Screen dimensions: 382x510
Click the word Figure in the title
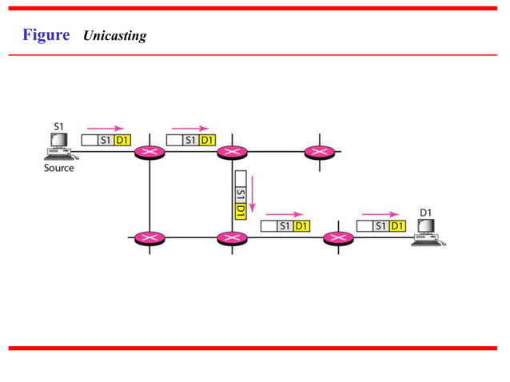coord(46,35)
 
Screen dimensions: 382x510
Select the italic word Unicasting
coord(114,36)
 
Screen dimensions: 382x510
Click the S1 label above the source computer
coord(58,126)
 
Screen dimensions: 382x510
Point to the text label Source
coord(58,168)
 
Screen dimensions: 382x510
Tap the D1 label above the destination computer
coord(426,213)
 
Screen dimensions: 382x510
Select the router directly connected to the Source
coord(149,152)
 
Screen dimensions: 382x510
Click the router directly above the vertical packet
coord(232,152)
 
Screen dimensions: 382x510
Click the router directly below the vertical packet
coord(232,238)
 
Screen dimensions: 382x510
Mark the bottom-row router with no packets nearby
coord(149,238)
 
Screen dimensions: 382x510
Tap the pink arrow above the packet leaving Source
coord(106,128)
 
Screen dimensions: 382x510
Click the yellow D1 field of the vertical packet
coord(240,212)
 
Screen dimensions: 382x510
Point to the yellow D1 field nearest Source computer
coord(122,140)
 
